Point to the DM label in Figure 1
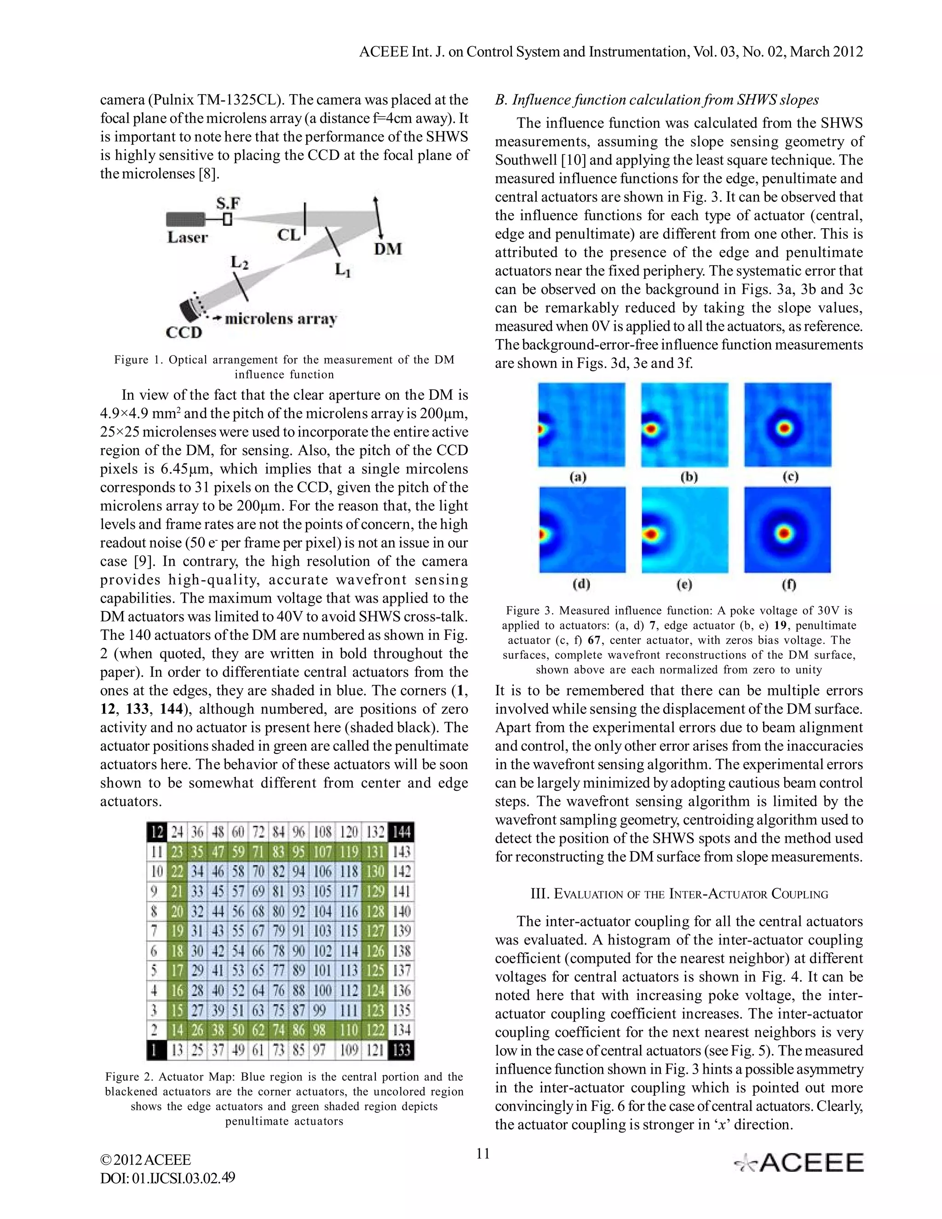[387, 249]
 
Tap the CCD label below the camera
[184, 333]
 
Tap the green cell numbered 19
[177, 931]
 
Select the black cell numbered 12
[157, 832]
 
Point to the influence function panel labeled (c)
[787, 425]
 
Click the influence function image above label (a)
[581, 425]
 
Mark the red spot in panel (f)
[785, 533]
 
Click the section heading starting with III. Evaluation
[678, 894]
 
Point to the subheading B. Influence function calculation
[657, 100]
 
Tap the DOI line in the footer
[167, 1178]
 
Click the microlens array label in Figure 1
[281, 319]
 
